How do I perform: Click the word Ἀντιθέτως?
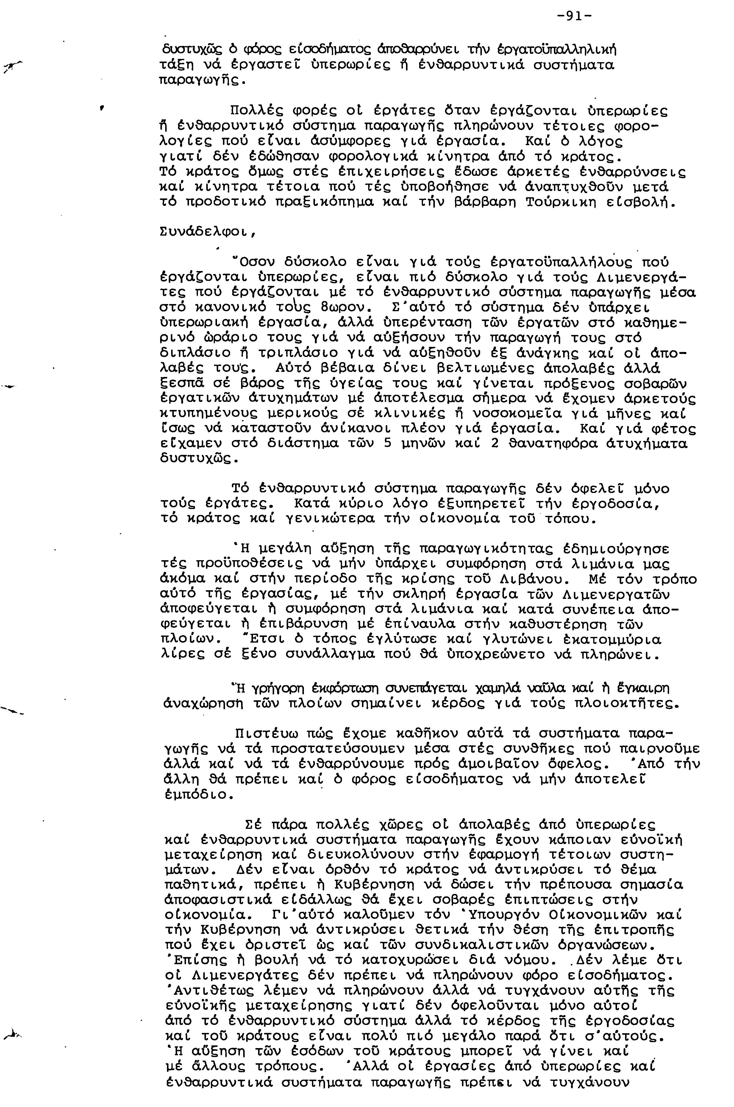click(213, 989)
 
